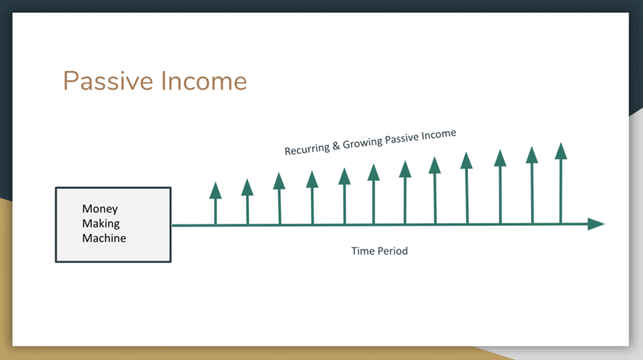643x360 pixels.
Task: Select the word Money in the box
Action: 100,209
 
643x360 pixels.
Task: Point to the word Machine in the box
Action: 104,238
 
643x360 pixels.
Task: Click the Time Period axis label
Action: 379,251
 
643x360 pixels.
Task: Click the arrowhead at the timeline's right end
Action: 596,224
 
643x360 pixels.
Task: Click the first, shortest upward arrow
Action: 216,203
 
